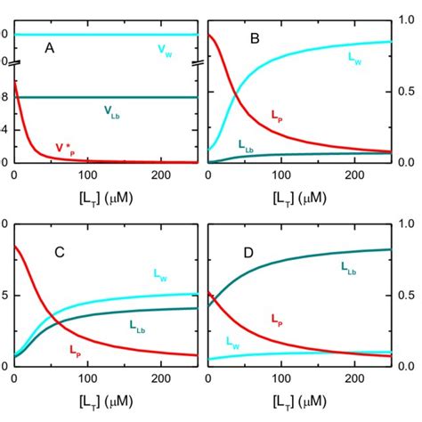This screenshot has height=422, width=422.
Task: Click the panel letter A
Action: pos(52,52)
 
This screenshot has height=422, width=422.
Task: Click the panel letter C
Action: pos(59,252)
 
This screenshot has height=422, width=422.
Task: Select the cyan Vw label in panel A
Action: pos(166,52)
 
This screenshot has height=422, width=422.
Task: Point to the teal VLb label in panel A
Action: pos(111,112)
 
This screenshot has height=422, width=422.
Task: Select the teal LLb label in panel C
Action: pos(141,326)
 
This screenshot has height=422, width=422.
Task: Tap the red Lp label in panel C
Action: pos(77,350)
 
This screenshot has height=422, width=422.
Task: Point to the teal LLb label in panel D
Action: pos(350,266)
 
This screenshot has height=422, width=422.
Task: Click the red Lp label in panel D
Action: pos(276,317)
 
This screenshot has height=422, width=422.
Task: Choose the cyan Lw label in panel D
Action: pos(231,342)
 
